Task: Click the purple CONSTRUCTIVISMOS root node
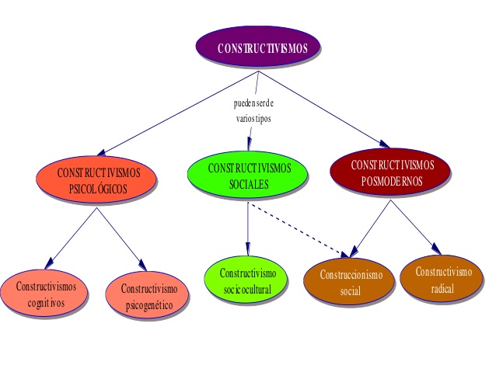tap(257, 48)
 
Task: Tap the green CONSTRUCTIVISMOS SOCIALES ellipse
tap(248, 176)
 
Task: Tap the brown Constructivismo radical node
tap(442, 280)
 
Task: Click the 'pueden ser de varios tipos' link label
tap(253, 112)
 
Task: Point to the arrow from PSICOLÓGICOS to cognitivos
tap(71, 238)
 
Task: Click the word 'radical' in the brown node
tap(442, 289)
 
